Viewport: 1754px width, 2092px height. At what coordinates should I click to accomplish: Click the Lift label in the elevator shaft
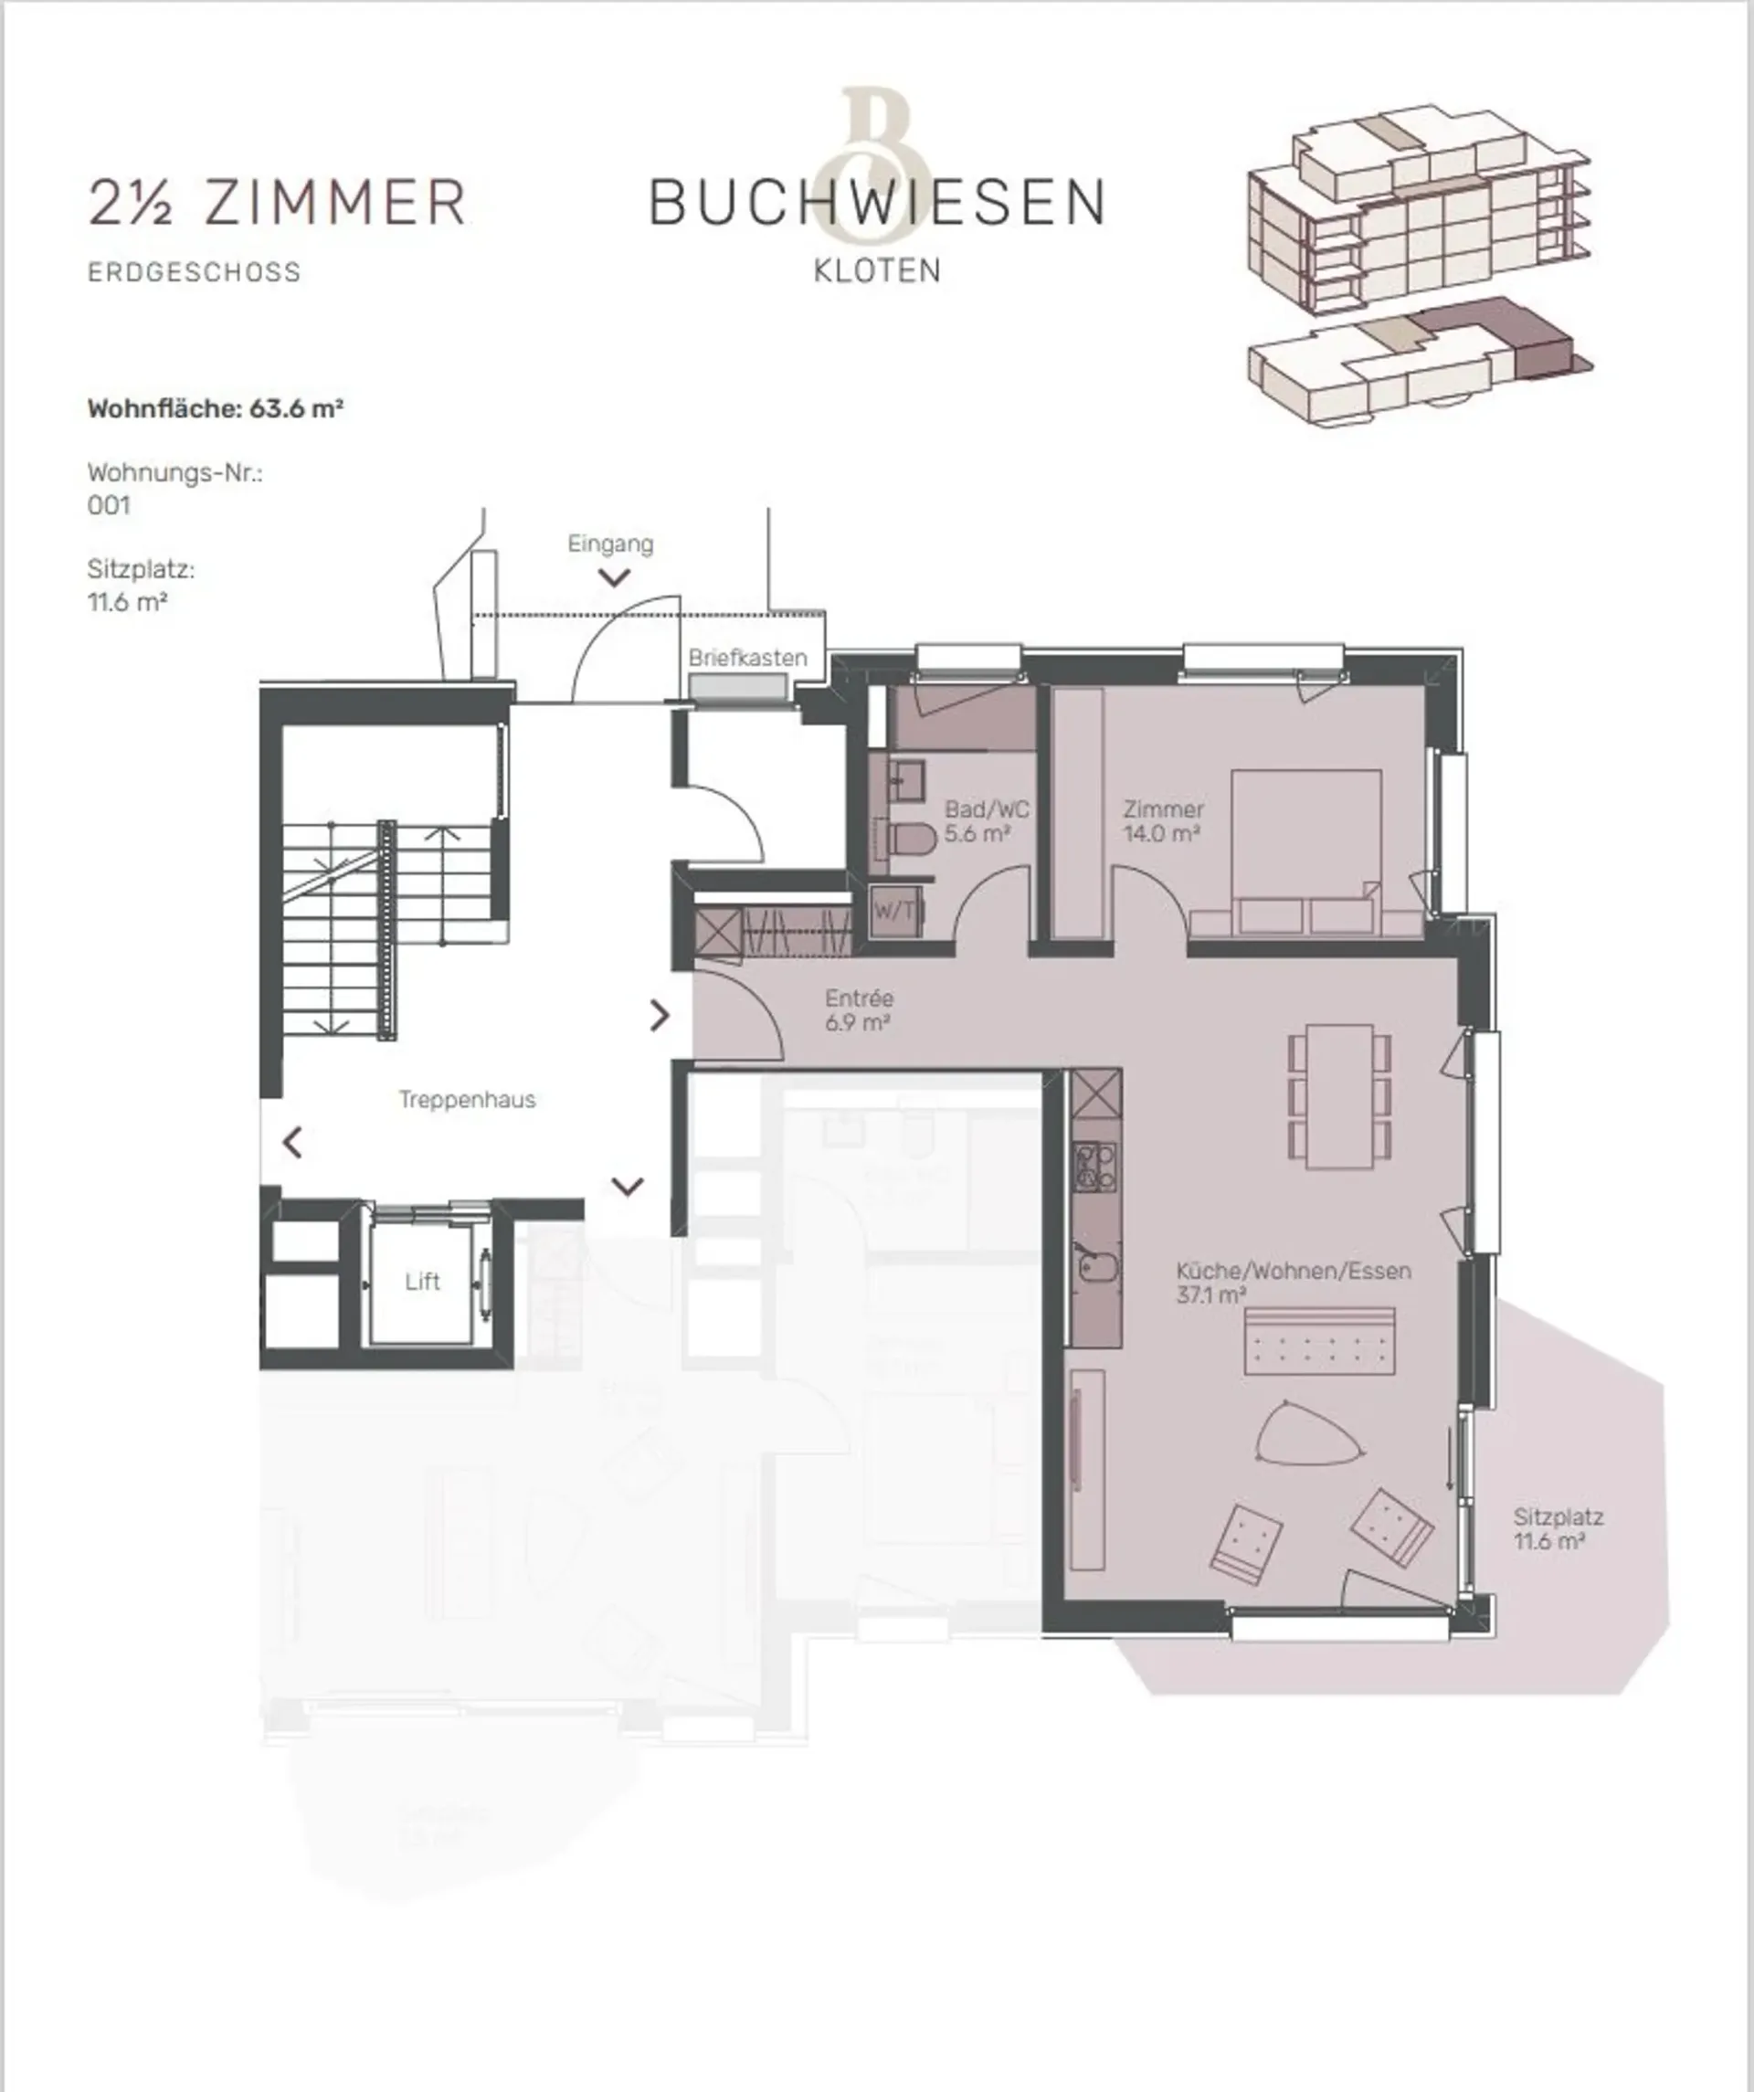pos(422,1282)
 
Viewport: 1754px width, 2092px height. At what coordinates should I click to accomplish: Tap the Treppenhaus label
pos(467,1100)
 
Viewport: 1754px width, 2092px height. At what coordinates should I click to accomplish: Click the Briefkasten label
pos(747,658)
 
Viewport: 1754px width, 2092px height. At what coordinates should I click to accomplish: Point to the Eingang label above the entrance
pos(610,544)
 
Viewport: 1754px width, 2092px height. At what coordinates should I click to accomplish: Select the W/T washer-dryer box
pos(893,910)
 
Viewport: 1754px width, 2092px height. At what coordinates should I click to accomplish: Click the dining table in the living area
pos(1339,1094)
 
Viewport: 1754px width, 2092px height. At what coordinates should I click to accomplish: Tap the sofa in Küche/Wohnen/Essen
pos(1319,1341)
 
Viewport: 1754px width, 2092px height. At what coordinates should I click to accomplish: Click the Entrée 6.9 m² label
pos(859,1009)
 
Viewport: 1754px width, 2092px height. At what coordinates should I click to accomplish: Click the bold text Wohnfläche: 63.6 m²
pos(216,408)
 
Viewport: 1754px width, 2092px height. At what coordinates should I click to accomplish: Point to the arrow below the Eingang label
pos(615,577)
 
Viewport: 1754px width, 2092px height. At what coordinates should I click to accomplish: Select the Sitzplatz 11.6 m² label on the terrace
pos(1558,1529)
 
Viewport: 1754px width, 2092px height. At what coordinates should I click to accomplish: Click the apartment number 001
pos(109,505)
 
